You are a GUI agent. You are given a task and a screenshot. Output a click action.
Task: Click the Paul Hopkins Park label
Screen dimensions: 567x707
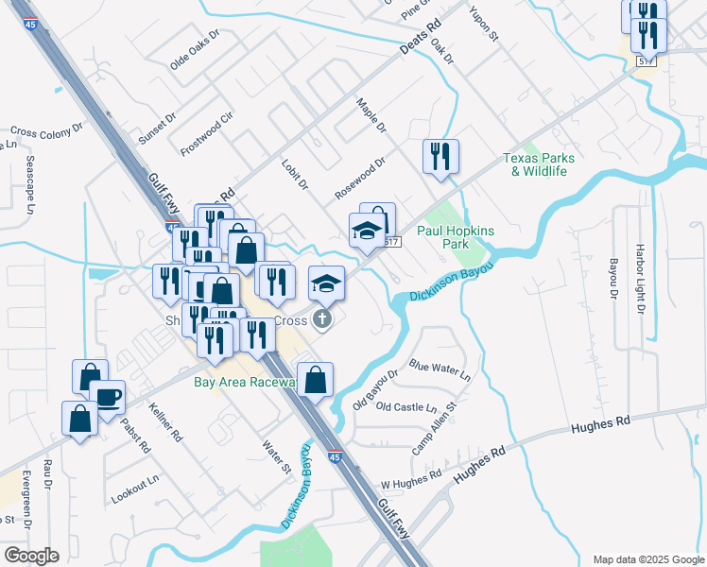[456, 237]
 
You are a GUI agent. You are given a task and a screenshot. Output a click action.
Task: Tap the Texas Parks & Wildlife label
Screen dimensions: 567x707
[534, 164]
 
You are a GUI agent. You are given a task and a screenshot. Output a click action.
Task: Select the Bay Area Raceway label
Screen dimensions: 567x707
[245, 382]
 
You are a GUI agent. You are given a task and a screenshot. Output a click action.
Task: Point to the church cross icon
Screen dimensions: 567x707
[322, 318]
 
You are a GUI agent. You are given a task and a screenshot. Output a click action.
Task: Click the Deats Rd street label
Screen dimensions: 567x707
[422, 39]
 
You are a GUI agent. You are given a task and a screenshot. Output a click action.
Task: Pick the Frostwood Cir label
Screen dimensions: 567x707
[206, 134]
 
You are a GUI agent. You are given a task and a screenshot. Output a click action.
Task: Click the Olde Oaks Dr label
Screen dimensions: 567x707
[194, 49]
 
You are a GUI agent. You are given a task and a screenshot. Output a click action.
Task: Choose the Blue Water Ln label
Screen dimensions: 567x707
[440, 369]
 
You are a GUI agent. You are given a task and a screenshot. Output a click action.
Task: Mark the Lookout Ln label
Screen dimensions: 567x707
[134, 490]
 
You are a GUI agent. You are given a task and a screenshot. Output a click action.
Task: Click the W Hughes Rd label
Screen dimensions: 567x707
[411, 480]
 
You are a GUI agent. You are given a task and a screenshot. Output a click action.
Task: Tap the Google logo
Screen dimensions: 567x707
[30, 556]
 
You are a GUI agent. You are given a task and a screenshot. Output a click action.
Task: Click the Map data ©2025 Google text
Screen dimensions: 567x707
[647, 559]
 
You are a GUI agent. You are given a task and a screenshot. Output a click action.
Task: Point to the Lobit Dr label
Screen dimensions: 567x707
[295, 174]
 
